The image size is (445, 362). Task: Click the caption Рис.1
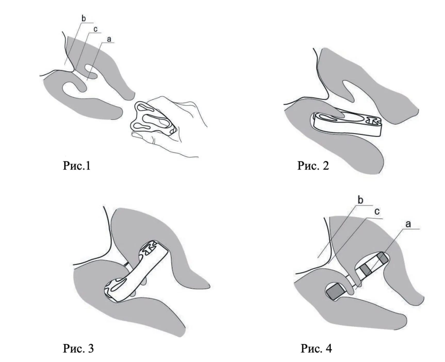pos(77,166)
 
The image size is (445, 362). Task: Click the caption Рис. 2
pos(313,166)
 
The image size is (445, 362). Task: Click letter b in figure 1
pos(83,19)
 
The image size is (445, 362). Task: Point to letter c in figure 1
pos(95,29)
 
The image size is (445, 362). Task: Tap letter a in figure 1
pos(109,39)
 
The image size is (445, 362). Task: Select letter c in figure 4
pos(377,212)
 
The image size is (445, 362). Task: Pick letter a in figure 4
pos(408,224)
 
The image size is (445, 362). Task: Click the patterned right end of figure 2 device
pos(374,120)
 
